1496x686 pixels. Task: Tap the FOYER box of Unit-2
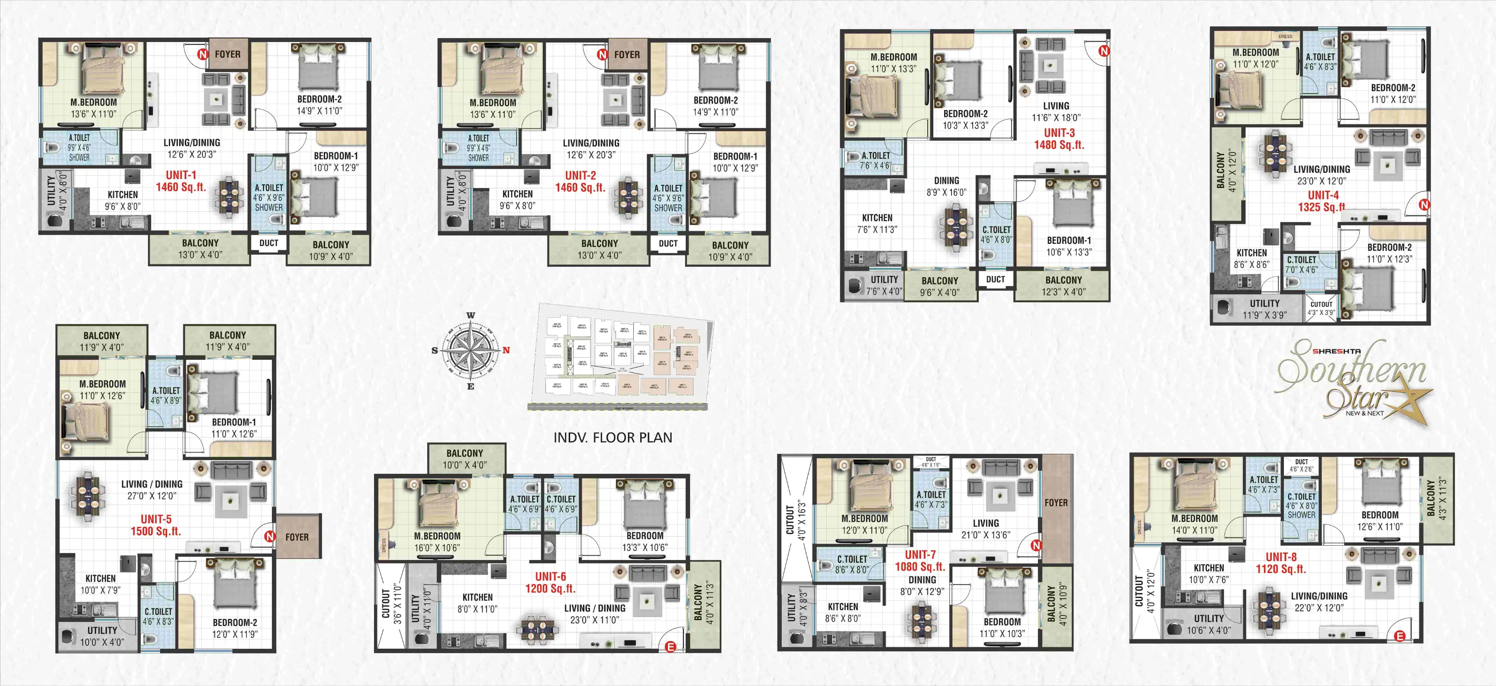point(626,55)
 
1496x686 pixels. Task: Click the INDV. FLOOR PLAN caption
point(613,438)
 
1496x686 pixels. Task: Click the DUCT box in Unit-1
point(268,243)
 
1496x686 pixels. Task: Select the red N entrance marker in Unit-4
point(1424,204)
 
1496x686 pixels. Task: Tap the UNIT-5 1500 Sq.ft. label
point(156,525)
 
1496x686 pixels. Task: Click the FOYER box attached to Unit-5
point(297,537)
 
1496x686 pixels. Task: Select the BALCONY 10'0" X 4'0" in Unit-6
point(464,458)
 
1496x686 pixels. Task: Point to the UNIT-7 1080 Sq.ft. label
point(920,560)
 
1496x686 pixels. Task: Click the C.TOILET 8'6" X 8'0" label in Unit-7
point(851,564)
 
